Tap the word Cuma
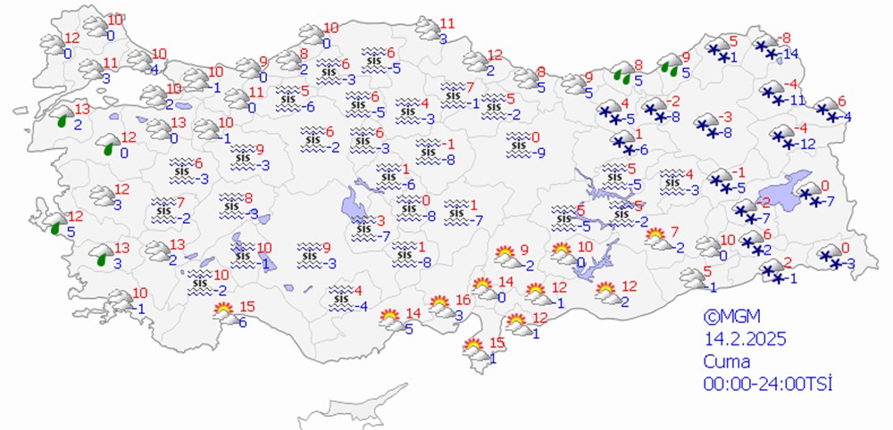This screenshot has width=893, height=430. coord(727,361)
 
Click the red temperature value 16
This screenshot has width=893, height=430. coord(463,300)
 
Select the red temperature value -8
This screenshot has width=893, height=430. coord(785,37)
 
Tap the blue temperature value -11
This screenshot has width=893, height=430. coord(796,100)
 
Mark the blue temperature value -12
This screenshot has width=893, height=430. coord(806,144)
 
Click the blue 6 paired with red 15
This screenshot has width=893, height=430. coord(243,323)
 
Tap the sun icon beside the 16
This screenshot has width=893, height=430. coord(439,306)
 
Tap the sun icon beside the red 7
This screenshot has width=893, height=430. coord(655,237)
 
